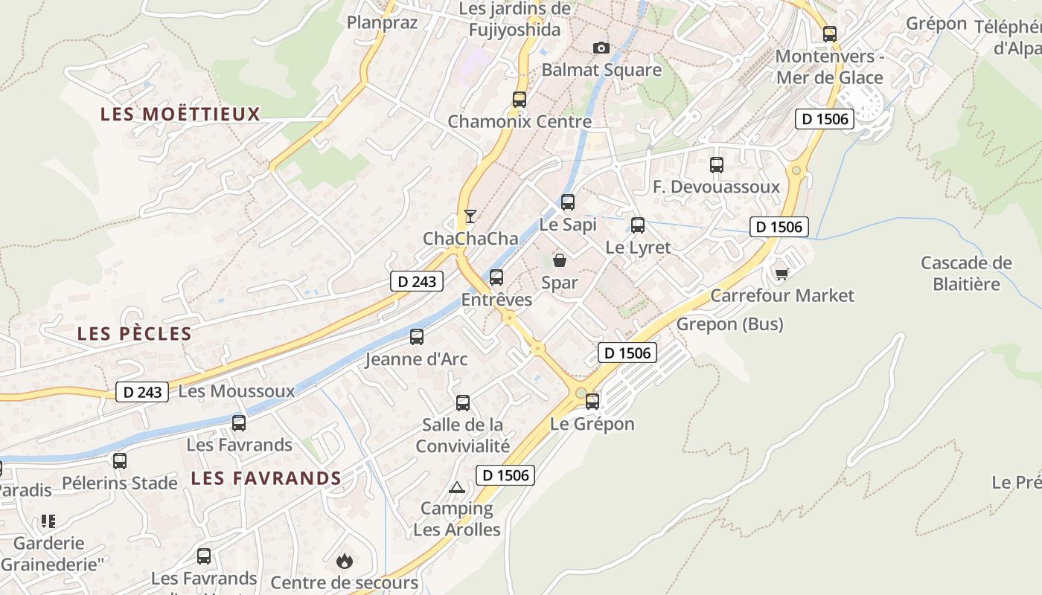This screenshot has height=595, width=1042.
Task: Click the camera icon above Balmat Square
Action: point(601,48)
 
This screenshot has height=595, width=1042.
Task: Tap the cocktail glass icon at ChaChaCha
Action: point(470,216)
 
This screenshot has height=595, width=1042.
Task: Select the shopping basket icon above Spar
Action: point(559,260)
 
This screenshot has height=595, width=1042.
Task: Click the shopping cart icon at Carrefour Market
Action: point(781,274)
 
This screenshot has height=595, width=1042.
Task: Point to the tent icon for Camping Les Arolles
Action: point(457,488)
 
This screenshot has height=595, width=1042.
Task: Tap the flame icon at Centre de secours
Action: point(344,561)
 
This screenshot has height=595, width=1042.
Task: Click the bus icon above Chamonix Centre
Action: point(520,99)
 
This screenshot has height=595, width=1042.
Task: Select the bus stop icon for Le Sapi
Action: point(568,202)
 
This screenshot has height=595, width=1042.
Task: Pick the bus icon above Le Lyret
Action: point(638,225)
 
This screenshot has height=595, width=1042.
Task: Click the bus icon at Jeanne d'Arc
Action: point(417,337)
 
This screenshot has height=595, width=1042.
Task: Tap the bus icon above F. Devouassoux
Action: point(717,165)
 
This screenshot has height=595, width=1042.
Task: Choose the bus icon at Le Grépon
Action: point(592,402)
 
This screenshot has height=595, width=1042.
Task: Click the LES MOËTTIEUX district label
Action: point(180,114)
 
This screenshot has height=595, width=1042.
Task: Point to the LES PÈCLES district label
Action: point(135,334)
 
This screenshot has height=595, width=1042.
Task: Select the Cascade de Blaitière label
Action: point(966,273)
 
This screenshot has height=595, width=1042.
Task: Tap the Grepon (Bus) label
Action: point(729,324)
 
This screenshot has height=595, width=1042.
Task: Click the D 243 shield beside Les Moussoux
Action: point(142,392)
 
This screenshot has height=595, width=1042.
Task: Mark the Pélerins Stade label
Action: point(120,483)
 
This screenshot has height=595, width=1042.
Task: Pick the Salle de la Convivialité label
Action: point(463,435)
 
